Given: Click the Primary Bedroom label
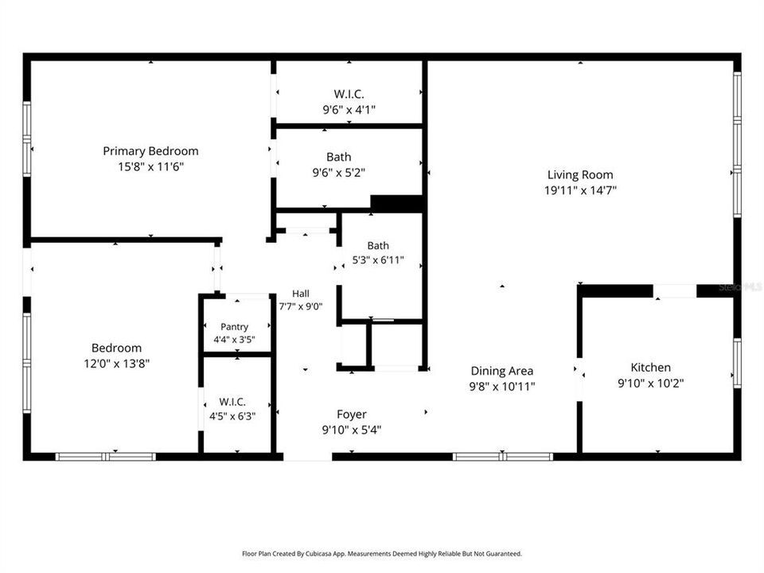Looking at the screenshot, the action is pyautogui.click(x=150, y=151).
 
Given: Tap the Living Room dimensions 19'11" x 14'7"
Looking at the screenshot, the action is pyautogui.click(x=580, y=190).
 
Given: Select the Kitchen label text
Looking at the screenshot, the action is pyautogui.click(x=650, y=368).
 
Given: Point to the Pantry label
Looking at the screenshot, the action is pyautogui.click(x=234, y=327).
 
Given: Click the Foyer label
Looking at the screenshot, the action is pyautogui.click(x=351, y=415).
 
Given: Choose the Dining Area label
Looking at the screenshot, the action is pyautogui.click(x=502, y=372).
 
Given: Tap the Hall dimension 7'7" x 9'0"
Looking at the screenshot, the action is pyautogui.click(x=301, y=306).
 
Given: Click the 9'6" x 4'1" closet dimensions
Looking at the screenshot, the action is pyautogui.click(x=349, y=110).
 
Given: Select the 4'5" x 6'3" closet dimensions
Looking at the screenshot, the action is pyautogui.click(x=232, y=416).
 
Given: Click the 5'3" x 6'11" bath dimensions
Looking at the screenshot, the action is pyautogui.click(x=378, y=260).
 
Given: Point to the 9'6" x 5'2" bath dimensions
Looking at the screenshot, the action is pyautogui.click(x=339, y=173).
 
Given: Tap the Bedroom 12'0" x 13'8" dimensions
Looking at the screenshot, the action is pyautogui.click(x=116, y=364).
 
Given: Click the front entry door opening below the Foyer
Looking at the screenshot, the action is pyautogui.click(x=308, y=457).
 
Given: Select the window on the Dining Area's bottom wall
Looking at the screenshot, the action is pyautogui.click(x=502, y=457).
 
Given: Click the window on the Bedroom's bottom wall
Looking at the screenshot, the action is pyautogui.click(x=106, y=457).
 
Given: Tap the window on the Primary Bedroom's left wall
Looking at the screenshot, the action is pyautogui.click(x=27, y=138).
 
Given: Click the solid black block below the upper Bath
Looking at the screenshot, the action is pyautogui.click(x=396, y=203).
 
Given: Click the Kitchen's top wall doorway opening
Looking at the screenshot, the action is pyautogui.click(x=675, y=291).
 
